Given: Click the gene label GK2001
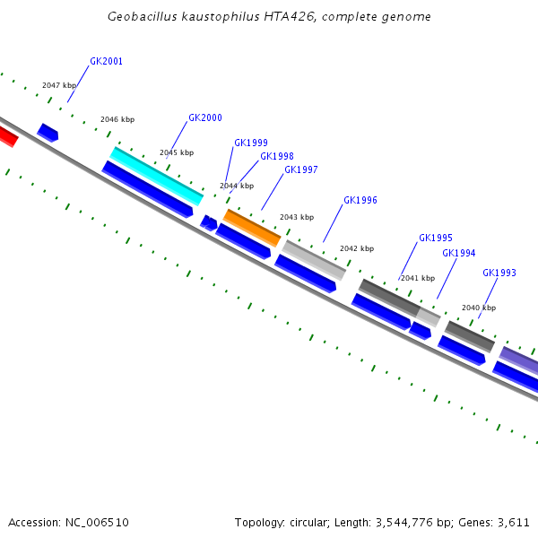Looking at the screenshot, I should tap(107, 62).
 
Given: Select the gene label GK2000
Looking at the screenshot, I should tap(205, 118).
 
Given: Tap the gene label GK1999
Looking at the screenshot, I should tap(251, 143).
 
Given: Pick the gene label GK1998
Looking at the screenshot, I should tap(277, 156).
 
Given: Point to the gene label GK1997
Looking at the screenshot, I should tap(301, 169).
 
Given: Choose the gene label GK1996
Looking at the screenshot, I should tap(360, 201).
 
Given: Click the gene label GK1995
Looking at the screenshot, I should tap(436, 239).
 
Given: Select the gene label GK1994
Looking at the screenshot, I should tap(459, 253).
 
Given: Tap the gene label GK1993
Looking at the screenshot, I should tap(499, 273).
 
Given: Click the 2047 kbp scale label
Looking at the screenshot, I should tap(59, 85).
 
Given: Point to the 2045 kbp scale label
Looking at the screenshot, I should tap(177, 152).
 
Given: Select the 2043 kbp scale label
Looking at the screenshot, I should tap(297, 217).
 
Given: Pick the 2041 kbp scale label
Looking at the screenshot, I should tap(418, 278).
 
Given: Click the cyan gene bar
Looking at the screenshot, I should tap(157, 176).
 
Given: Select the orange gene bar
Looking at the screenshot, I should tap(252, 228).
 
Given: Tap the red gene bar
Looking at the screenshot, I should tap(6, 135).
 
